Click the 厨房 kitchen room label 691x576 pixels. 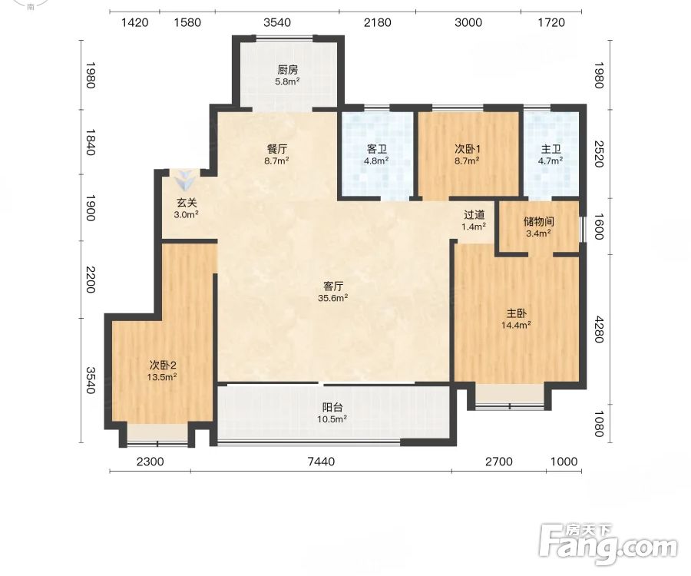(288, 70)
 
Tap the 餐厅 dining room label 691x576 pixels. (276, 149)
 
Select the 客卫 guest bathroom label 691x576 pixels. (376, 149)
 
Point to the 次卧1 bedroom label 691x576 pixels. (467, 149)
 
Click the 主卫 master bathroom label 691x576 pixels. (550, 149)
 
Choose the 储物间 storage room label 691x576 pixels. (538, 221)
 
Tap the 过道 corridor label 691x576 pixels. (474, 214)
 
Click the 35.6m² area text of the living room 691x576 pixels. (333, 298)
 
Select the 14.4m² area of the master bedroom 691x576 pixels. (516, 325)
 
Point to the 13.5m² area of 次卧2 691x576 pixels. (162, 377)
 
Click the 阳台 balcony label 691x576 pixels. (332, 407)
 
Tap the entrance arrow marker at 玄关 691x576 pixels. (184, 180)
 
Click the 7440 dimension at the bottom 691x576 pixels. (321, 462)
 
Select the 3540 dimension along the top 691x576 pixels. (277, 22)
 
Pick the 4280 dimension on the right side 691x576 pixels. (598, 329)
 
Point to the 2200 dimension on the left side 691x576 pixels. (90, 280)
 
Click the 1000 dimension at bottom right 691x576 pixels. (564, 462)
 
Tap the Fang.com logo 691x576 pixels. (608, 545)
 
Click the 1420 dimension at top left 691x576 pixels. (134, 22)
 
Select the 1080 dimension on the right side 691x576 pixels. (598, 423)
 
